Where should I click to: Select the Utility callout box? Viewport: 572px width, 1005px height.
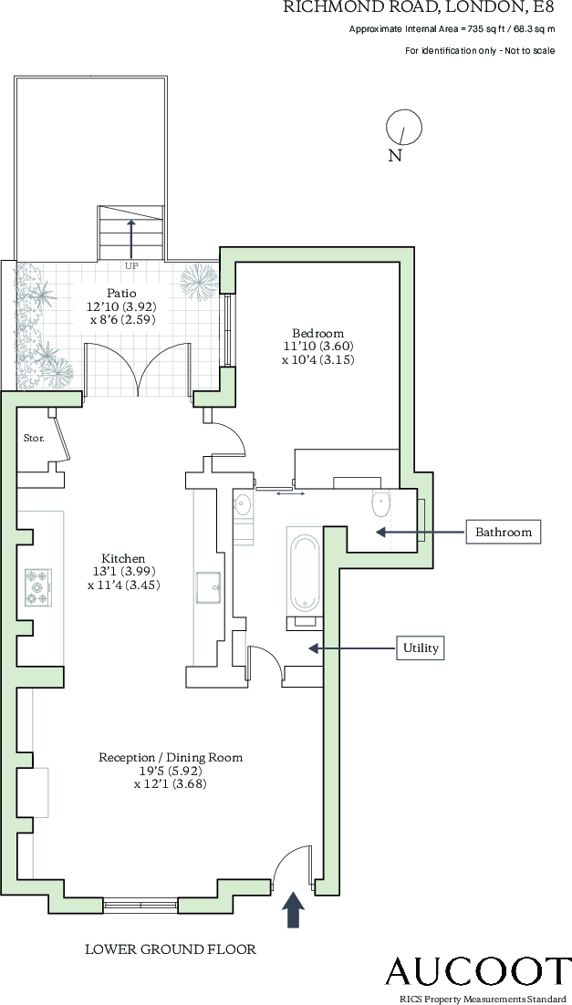[421, 648]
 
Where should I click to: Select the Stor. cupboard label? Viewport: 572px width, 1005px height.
[34, 438]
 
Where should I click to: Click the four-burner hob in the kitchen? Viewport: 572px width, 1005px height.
[38, 586]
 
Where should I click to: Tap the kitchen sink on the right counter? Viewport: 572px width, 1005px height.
[209, 586]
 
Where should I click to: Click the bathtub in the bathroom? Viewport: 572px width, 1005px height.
[304, 574]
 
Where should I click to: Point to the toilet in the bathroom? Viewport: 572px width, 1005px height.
[381, 503]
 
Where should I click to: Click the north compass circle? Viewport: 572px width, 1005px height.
[404, 127]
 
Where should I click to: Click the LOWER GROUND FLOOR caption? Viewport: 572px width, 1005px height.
[171, 949]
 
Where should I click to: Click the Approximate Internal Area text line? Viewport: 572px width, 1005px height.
[452, 29]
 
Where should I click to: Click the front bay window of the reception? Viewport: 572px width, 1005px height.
[140, 905]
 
